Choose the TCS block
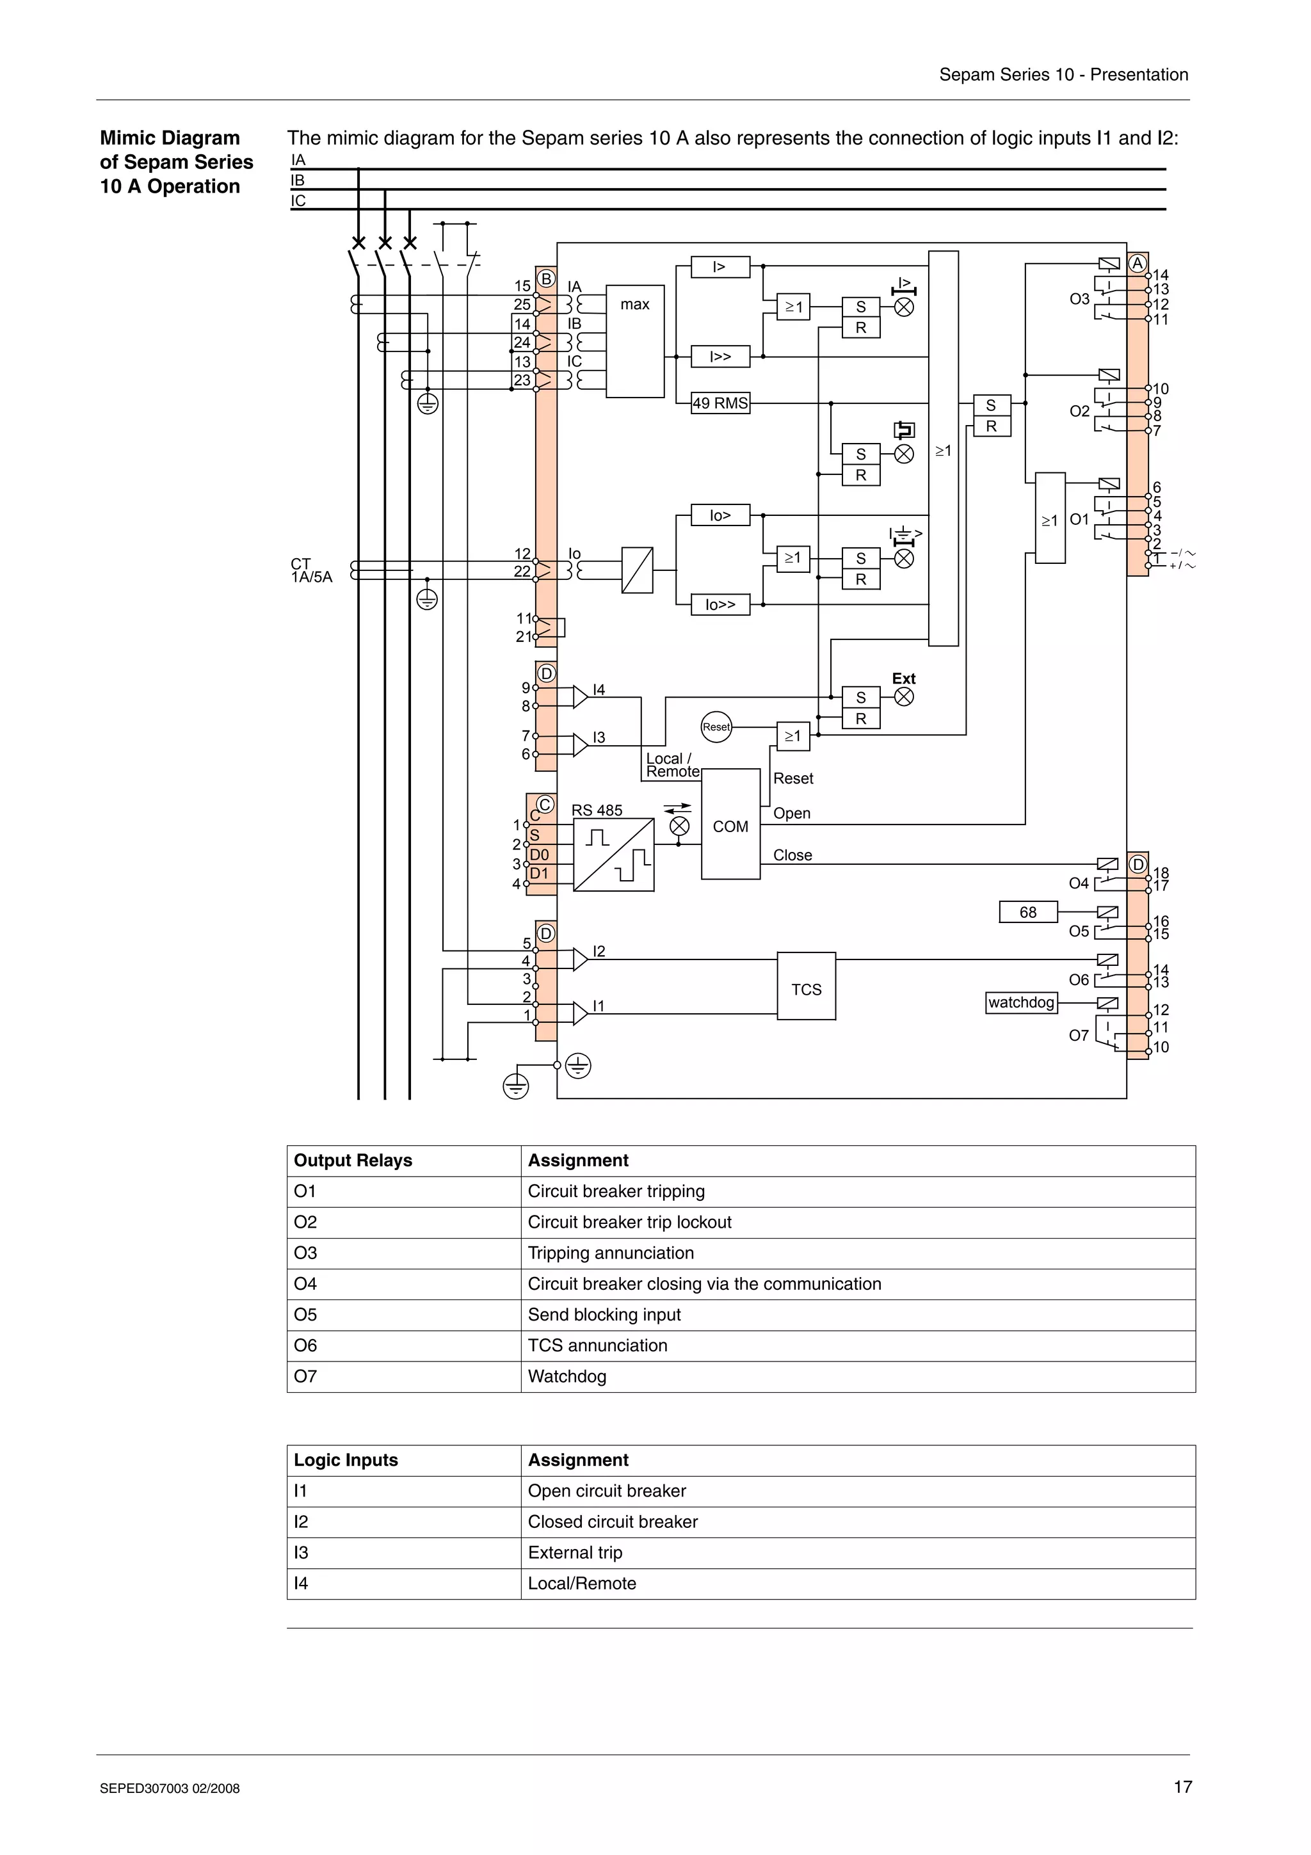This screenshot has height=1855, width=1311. tap(806, 986)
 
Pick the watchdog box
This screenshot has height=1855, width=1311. tap(1021, 1002)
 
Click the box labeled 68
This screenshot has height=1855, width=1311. tap(1027, 912)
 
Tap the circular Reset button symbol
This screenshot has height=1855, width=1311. tap(716, 727)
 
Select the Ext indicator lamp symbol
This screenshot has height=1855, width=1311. tap(905, 696)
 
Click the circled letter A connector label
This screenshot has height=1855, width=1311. tap(1138, 263)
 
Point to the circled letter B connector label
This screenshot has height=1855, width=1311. tap(546, 278)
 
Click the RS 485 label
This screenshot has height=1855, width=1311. tap(597, 810)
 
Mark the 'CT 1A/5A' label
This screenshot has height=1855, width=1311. tap(311, 570)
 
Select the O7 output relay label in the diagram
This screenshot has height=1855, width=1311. tap(1079, 1036)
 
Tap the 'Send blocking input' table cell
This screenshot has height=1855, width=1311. tap(604, 1315)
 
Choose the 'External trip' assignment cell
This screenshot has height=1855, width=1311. tap(575, 1552)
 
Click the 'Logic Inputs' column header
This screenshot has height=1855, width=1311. tap(346, 1460)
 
